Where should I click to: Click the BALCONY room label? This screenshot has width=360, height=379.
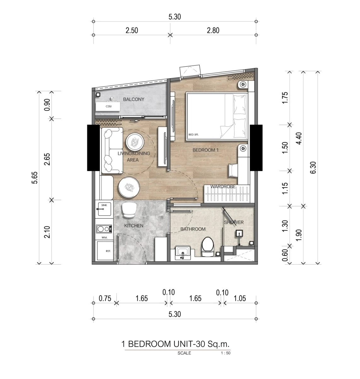click(134, 99)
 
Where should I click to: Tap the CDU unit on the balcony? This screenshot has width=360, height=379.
click(108, 106)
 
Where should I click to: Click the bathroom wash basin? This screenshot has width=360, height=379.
click(183, 252)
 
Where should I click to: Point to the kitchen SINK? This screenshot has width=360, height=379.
click(105, 209)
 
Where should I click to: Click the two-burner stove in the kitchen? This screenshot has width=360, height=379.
click(104, 229)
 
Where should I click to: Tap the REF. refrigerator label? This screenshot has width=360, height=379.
click(108, 251)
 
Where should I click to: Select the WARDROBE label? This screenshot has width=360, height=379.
click(223, 187)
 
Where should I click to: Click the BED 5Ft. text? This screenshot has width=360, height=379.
click(193, 135)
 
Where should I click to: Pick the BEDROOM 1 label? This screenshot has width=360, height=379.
click(206, 150)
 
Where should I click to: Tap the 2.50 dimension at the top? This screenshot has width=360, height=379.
click(132, 31)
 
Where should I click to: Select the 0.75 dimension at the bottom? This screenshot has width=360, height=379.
click(105, 298)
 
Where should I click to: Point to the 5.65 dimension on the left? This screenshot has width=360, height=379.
click(35, 178)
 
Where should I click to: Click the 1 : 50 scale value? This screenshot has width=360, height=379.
click(226, 353)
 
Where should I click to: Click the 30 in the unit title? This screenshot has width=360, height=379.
click(200, 344)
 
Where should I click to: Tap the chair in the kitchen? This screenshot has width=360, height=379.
click(129, 210)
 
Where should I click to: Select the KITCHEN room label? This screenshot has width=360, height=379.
click(134, 226)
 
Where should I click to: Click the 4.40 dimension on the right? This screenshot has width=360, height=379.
click(299, 138)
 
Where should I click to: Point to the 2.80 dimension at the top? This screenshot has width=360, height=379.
click(213, 31)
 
